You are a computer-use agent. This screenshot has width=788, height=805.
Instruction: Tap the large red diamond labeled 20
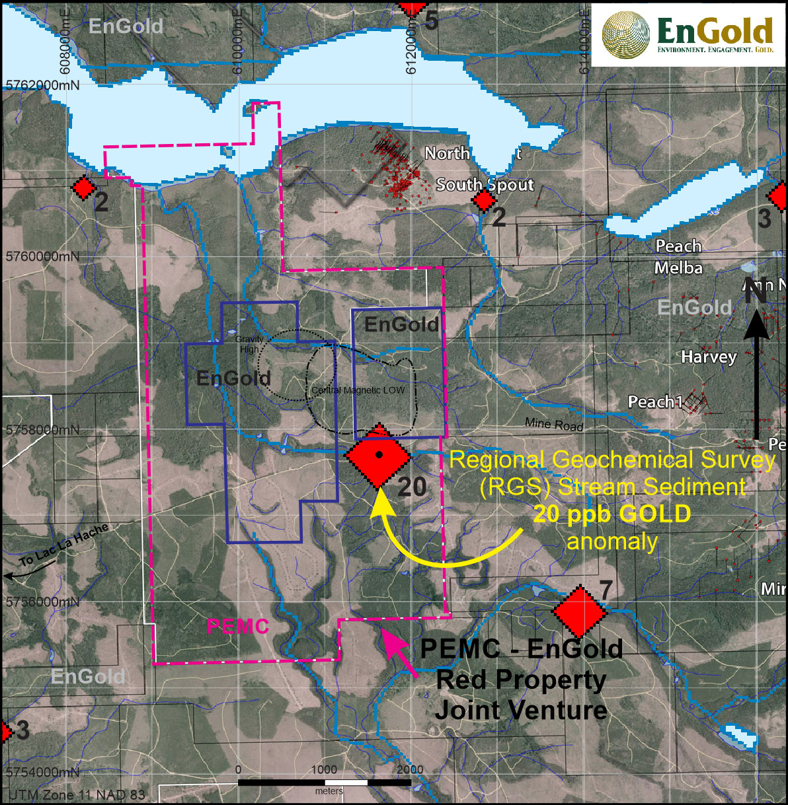[378, 456]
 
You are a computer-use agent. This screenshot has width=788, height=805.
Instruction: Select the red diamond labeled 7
[580, 612]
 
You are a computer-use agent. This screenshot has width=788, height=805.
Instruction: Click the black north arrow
[758, 370]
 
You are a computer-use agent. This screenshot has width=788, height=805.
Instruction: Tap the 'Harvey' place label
[709, 357]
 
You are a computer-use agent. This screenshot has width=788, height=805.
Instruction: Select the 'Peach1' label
[655, 402]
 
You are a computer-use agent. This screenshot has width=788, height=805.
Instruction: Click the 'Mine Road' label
[554, 425]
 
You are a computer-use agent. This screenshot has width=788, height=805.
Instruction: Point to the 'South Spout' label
[485, 184]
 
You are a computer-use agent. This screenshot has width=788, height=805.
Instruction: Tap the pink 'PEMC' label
[238, 626]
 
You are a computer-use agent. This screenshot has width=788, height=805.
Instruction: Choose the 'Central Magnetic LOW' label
[358, 390]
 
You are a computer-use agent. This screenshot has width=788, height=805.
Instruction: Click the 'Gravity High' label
[249, 344]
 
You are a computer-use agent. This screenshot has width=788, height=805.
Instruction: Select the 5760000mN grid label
[42, 256]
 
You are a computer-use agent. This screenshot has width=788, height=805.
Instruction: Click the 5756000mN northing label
[42, 602]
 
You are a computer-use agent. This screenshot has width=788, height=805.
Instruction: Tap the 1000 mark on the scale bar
[324, 769]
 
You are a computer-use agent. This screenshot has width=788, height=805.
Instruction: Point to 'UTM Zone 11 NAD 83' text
[77, 794]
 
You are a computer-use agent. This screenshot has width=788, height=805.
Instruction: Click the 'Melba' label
[678, 268]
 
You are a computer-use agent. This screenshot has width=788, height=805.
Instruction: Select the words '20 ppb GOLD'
[612, 514]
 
